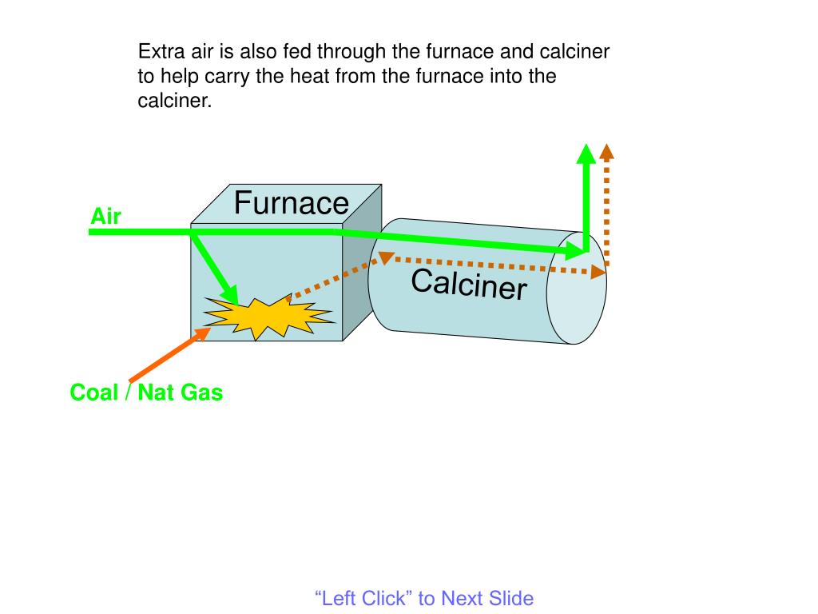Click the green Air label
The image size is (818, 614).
(105, 216)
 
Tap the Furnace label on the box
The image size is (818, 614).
(291, 203)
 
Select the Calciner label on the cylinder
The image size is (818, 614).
(469, 284)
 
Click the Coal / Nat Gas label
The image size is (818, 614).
(146, 393)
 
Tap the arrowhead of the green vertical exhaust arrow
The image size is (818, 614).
(587, 153)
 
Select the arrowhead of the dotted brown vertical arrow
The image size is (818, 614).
(607, 151)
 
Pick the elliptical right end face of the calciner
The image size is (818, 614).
(576, 288)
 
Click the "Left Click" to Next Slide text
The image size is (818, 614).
(423, 598)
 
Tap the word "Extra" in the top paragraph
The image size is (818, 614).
(158, 52)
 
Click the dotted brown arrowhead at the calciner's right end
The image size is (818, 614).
(597, 273)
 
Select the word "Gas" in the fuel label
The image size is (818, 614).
(202, 393)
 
